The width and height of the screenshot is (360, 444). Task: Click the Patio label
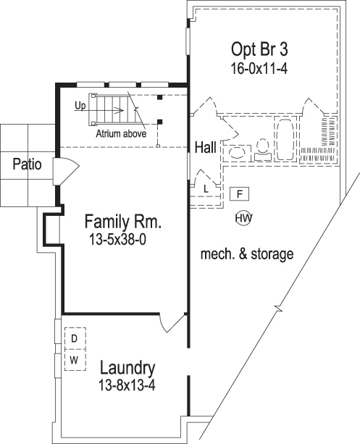27,164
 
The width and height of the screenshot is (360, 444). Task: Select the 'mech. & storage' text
246,254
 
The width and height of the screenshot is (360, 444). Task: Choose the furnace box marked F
240,193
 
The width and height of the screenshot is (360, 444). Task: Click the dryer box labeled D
74,338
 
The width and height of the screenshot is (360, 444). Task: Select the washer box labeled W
74,360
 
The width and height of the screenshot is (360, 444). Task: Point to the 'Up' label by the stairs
79,105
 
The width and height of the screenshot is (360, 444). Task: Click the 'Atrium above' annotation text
120,133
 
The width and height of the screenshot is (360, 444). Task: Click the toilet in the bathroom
264,149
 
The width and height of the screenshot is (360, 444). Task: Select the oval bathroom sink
237,152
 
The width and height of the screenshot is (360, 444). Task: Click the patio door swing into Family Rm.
66,172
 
